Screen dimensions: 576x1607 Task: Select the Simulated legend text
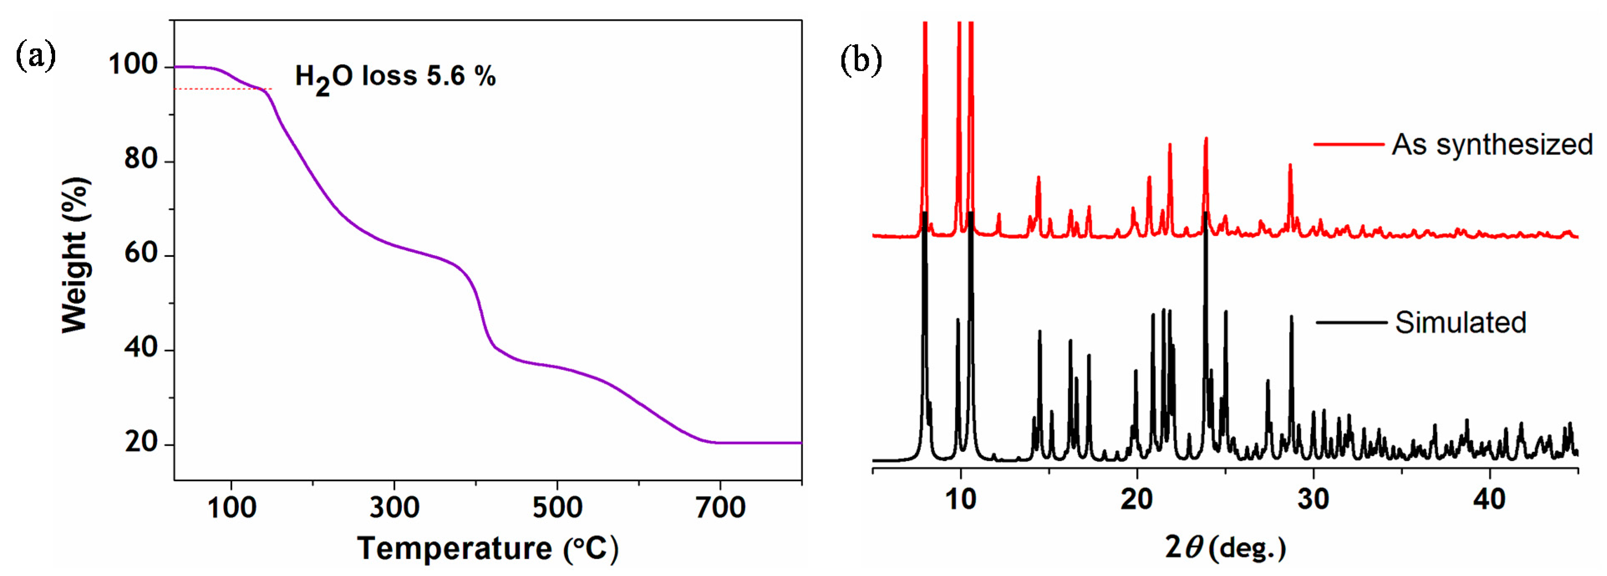pos(1460,322)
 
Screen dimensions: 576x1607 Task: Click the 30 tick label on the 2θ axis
pos(1313,499)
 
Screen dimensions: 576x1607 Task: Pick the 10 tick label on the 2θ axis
pos(960,499)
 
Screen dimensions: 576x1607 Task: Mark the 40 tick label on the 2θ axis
pos(1489,499)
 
